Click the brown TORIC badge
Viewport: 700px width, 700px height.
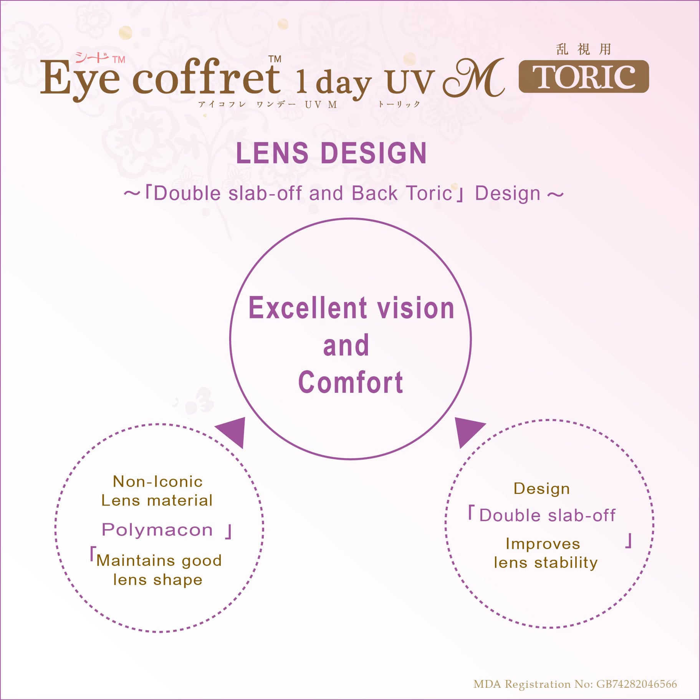pyautogui.click(x=584, y=76)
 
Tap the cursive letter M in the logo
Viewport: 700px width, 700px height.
pyautogui.click(x=474, y=78)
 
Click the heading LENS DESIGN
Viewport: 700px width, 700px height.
pyautogui.click(x=331, y=153)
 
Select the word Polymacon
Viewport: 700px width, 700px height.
pyautogui.click(x=157, y=530)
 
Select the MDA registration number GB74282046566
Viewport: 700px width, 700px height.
pyautogui.click(x=637, y=684)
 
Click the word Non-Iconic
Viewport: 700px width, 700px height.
pyautogui.click(x=157, y=482)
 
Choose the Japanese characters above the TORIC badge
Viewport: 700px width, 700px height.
pyautogui.click(x=583, y=49)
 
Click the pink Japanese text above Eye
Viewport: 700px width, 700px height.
pyautogui.click(x=92, y=58)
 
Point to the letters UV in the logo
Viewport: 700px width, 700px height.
pyautogui.click(x=410, y=82)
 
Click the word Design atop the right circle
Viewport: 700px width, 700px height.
pyautogui.click(x=541, y=489)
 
